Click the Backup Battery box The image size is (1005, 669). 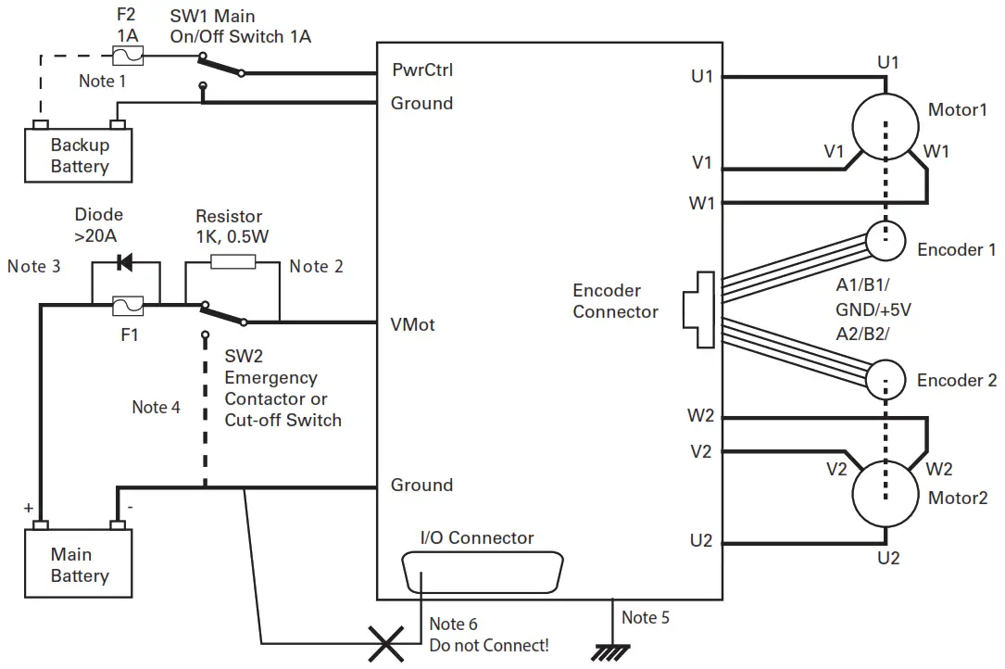point(79,156)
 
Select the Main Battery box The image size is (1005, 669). point(79,565)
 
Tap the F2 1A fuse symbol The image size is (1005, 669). point(126,57)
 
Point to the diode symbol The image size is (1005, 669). point(125,264)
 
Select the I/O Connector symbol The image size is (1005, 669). point(482,574)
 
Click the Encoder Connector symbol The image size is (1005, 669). point(700,310)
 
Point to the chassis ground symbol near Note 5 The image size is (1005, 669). point(609,650)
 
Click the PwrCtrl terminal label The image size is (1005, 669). point(422,70)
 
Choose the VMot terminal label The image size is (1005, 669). point(413,325)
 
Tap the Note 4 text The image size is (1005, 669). point(156,407)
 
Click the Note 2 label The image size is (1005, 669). point(316,267)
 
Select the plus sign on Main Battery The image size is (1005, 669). point(29,509)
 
